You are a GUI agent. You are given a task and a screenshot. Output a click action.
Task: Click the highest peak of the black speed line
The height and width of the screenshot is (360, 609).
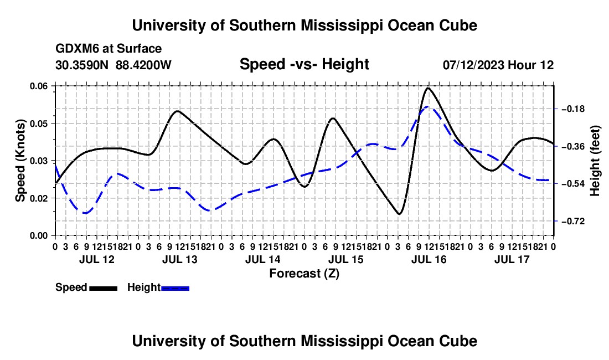tap(428, 88)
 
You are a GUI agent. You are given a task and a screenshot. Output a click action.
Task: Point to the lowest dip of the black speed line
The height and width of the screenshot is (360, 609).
tap(399, 214)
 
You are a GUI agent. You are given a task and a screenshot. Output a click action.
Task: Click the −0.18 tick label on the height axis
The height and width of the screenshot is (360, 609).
tap(573, 109)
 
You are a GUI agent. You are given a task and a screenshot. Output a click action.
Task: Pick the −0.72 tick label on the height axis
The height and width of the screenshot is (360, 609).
tap(573, 222)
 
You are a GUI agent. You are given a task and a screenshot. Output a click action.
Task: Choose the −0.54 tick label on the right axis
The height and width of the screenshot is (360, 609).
tap(573, 183)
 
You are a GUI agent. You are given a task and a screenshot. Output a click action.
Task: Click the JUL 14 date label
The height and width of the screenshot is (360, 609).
tap(263, 259)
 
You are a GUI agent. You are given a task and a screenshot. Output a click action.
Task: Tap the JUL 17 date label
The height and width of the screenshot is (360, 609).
tap(512, 259)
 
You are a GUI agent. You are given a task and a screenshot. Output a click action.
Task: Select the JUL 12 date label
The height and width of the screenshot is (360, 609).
tap(97, 259)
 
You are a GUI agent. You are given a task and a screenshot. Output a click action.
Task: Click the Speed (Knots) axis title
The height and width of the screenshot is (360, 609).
tap(20, 161)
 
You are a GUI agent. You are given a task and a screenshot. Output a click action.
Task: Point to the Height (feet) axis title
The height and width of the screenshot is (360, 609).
tap(595, 161)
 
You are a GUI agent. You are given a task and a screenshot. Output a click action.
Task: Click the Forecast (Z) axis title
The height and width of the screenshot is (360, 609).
tap(304, 274)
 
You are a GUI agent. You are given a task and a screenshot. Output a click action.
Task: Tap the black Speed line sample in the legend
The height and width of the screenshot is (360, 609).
tap(104, 288)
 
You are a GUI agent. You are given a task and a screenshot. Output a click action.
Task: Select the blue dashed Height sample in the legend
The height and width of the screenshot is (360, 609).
tap(175, 288)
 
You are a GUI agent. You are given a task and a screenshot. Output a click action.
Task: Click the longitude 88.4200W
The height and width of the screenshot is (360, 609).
tap(143, 65)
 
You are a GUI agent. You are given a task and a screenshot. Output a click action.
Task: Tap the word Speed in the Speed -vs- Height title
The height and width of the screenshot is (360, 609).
tap(262, 64)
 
